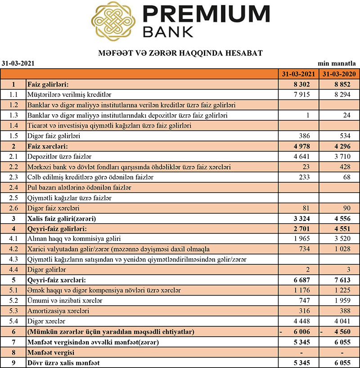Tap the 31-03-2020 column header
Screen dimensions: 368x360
(339, 74)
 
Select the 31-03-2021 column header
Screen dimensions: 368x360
(298, 74)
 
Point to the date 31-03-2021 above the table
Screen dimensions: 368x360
(18, 64)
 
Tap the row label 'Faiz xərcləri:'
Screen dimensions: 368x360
(49, 146)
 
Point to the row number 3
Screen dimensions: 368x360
(13, 219)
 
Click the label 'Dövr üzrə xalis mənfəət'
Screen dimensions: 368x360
(69, 363)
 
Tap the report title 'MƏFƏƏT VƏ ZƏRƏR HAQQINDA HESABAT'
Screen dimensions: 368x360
(180, 53)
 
